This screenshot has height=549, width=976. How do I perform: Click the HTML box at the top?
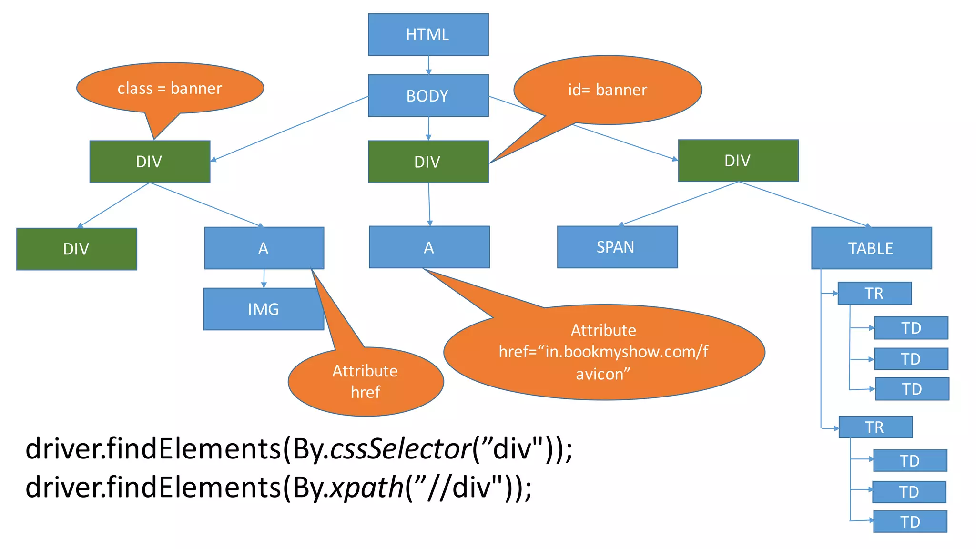click(x=428, y=34)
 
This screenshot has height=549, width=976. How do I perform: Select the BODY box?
click(x=428, y=95)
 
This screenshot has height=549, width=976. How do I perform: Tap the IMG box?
click(x=263, y=309)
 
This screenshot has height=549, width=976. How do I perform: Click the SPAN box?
click(x=617, y=247)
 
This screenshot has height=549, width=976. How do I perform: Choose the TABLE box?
click(x=871, y=248)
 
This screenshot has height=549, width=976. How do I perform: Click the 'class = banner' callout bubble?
click(x=170, y=88)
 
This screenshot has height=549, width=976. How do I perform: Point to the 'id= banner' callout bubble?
click(x=608, y=90)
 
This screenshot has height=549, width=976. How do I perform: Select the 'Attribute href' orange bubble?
click(x=366, y=381)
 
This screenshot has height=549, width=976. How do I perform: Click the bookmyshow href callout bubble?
click(x=604, y=352)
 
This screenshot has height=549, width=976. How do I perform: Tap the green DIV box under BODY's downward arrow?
click(x=428, y=162)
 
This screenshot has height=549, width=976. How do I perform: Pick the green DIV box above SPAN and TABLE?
click(x=738, y=161)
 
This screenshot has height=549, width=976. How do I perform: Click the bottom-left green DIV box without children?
click(x=77, y=249)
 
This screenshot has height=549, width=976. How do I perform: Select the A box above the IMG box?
click(x=264, y=248)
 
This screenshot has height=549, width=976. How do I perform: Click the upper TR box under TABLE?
click(x=874, y=293)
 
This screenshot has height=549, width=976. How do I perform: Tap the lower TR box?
click(x=875, y=427)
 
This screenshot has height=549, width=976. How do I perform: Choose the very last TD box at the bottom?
click(x=910, y=521)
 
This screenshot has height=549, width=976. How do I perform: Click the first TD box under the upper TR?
click(x=911, y=328)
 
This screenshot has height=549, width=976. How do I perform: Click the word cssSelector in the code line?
click(x=400, y=449)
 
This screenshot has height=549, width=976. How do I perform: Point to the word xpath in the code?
click(x=367, y=488)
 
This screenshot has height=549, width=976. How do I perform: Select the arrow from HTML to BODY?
click(x=428, y=65)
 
